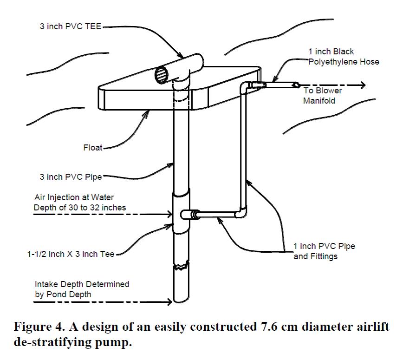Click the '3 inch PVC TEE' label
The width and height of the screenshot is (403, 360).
(70, 26)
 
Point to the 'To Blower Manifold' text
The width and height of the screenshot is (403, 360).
(323, 95)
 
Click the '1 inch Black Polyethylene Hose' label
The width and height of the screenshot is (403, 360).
(343, 56)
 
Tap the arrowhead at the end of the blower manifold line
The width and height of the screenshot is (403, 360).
(362, 85)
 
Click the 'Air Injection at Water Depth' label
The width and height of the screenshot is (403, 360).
(79, 202)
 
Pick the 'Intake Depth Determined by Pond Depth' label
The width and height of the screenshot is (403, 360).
(82, 288)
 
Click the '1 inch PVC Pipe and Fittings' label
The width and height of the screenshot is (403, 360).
(324, 251)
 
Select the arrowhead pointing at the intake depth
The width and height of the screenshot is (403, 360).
(169, 302)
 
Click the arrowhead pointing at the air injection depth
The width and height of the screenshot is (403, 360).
(169, 215)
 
